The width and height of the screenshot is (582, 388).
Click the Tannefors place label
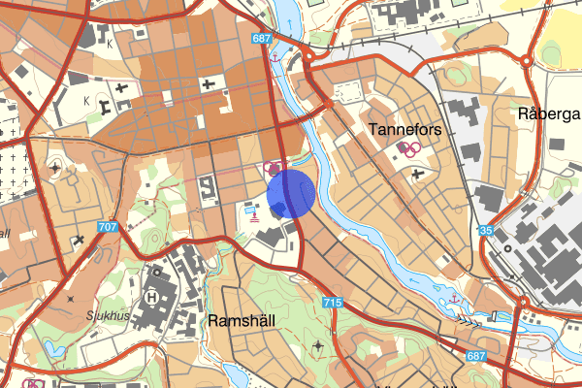pyautogui.click(x=406, y=128)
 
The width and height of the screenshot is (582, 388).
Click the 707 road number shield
pyautogui.click(x=107, y=227)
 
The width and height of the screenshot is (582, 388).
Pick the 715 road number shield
pyautogui.click(x=333, y=304)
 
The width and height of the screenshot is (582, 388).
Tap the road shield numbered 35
pyautogui.click(x=486, y=230)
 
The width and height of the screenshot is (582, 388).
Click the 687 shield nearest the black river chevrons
pyautogui.click(x=474, y=357)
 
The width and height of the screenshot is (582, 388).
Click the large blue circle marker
pyautogui.click(x=291, y=191)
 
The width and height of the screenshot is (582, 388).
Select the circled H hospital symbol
pyautogui.click(x=151, y=296)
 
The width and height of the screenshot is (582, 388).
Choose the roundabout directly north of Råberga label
pyautogui.click(x=526, y=60)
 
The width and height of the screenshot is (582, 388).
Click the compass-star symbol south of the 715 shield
pyautogui.click(x=319, y=345)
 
